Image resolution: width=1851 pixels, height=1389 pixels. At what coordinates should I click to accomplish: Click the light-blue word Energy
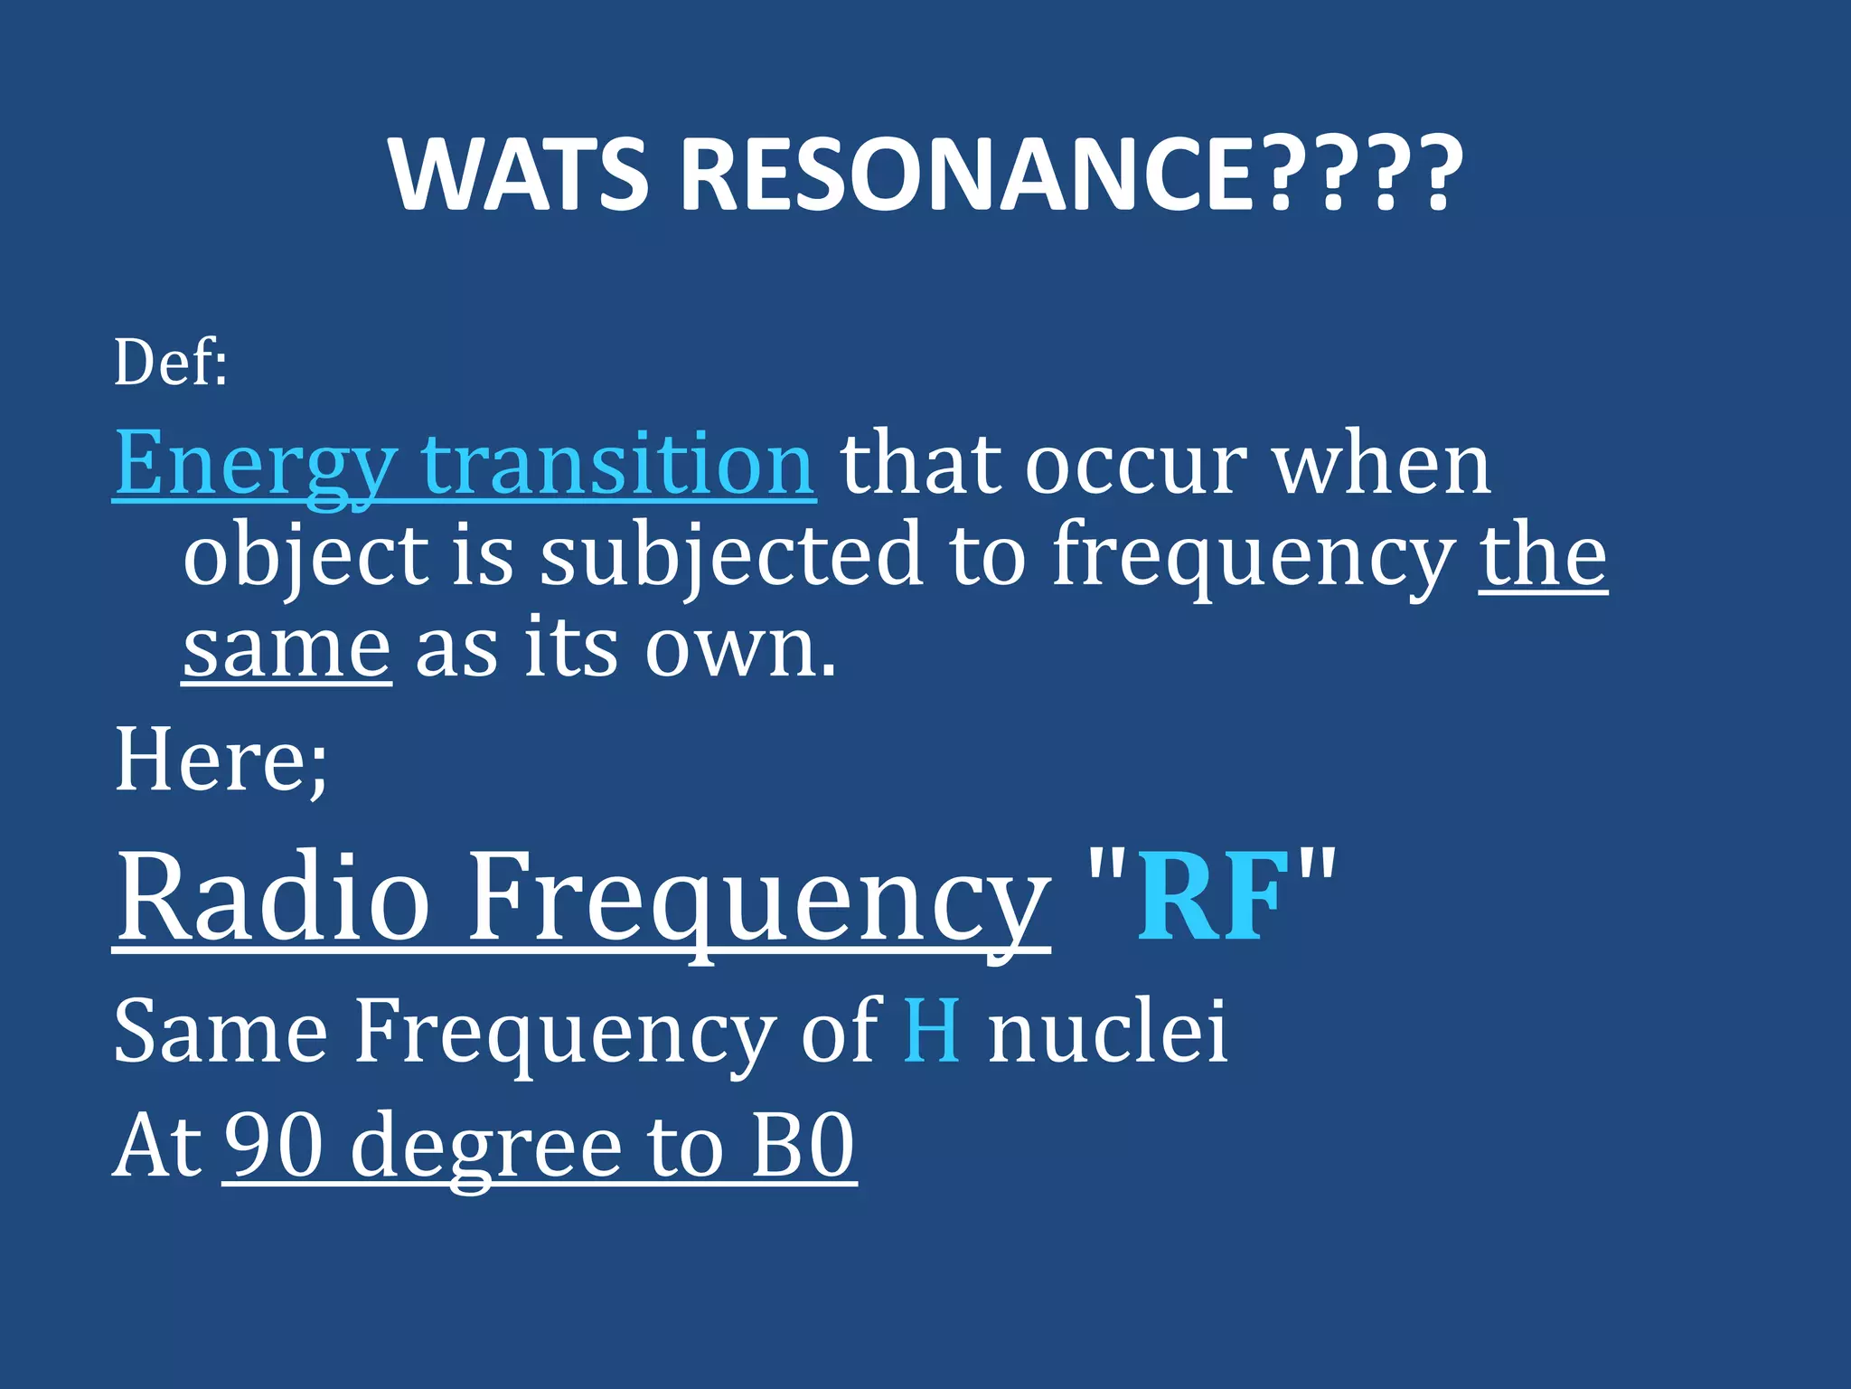pos(255,465)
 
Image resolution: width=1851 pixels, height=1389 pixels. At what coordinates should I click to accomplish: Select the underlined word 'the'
pos(1543,555)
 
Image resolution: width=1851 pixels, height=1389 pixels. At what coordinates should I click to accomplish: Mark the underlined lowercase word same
pos(287,649)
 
